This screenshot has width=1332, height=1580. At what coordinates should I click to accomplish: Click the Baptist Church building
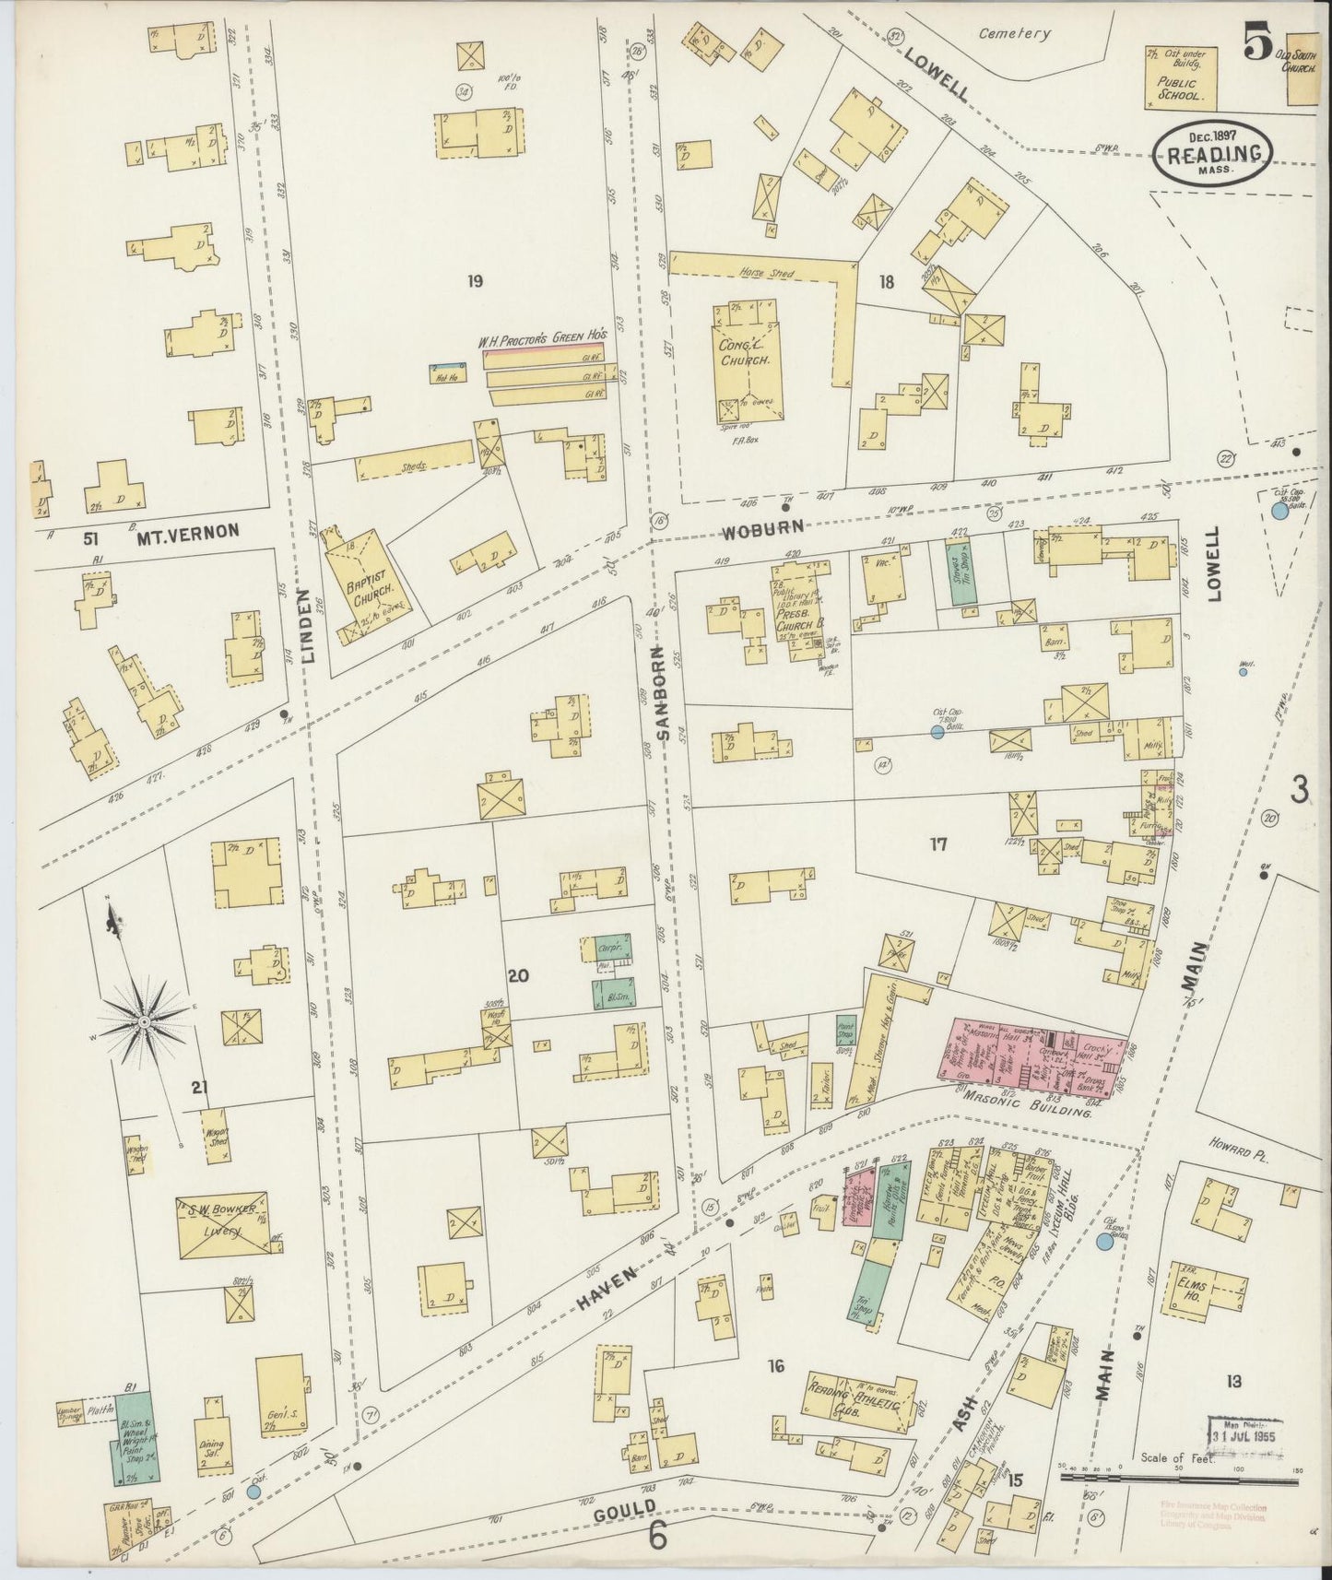[x=363, y=583]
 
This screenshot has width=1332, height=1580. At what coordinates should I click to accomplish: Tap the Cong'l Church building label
[x=746, y=353]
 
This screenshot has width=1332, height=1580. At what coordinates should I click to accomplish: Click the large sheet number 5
[x=1256, y=42]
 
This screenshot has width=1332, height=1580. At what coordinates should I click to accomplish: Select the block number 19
[x=475, y=281]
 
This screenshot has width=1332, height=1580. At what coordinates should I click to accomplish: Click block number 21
[x=199, y=1088]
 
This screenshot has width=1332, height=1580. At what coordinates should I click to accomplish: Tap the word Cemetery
[x=1014, y=33]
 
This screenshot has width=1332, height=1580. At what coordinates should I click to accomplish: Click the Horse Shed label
[x=769, y=274]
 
